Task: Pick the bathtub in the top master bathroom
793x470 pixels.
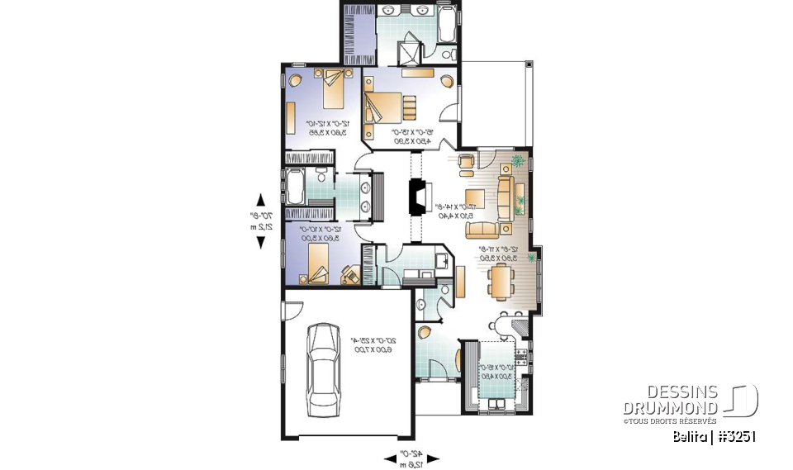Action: [446, 26]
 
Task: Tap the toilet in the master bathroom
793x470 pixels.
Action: [447, 53]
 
